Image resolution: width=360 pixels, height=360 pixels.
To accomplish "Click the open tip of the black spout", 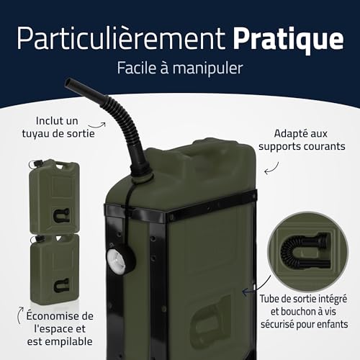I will [x=70, y=84].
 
